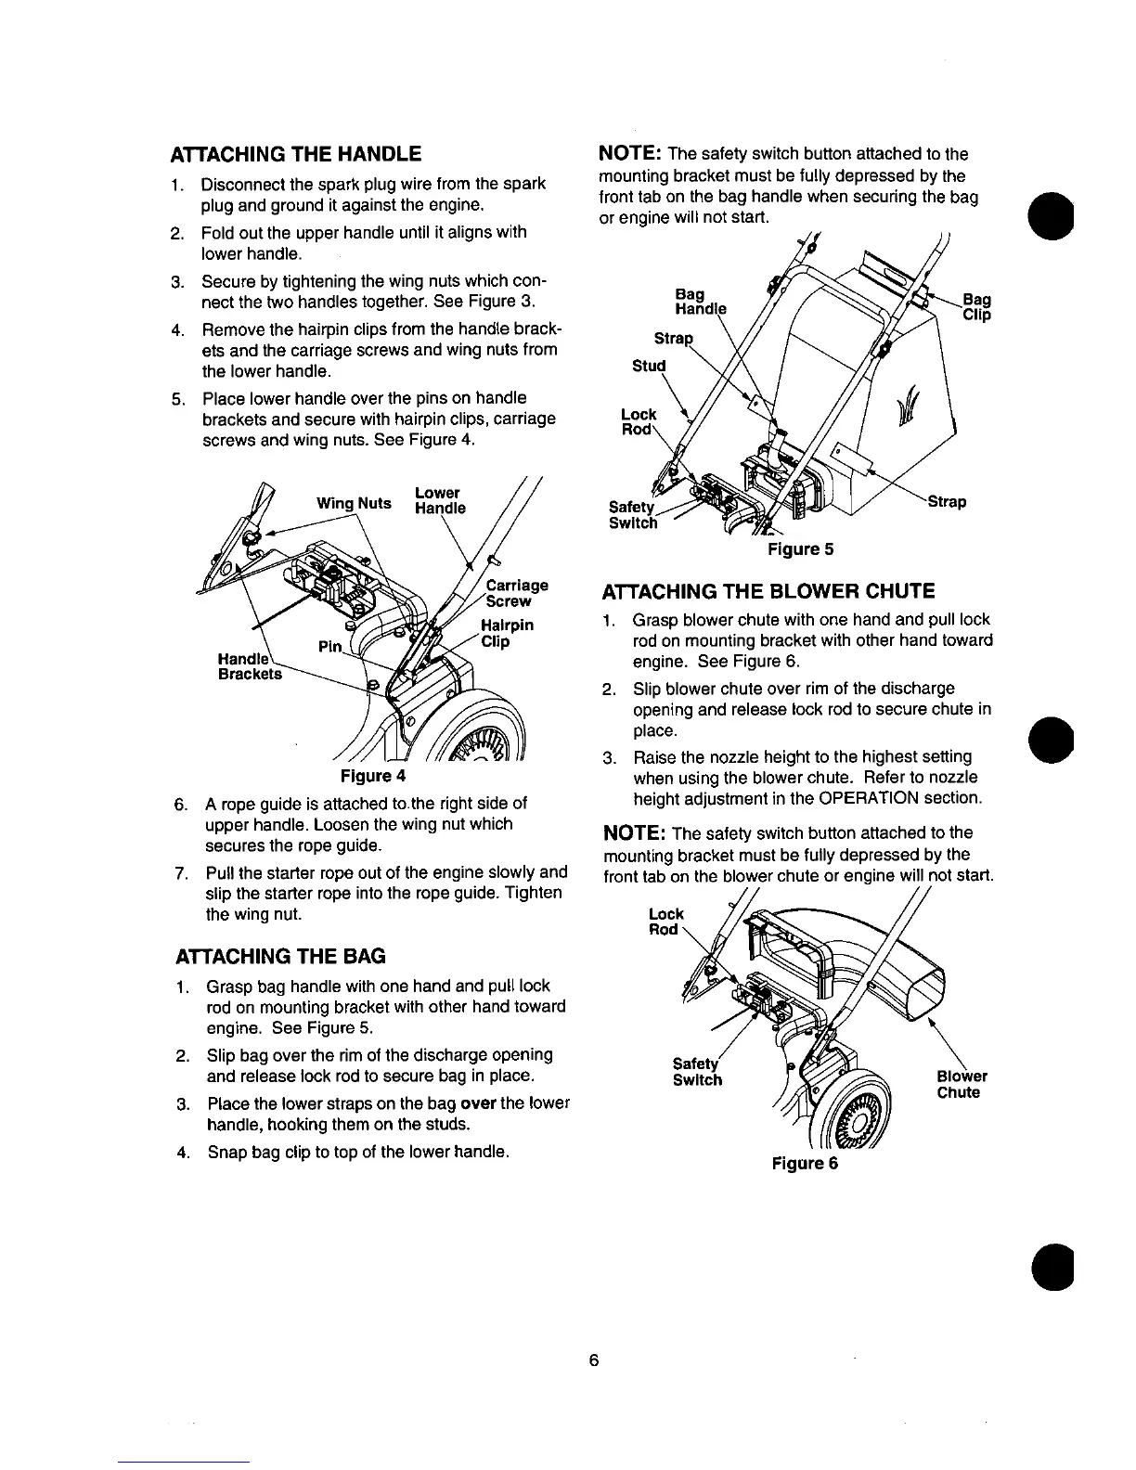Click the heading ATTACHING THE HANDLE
[x=294, y=154]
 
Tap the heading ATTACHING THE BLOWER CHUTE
[x=768, y=591]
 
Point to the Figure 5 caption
[x=800, y=549]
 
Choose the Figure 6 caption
[x=804, y=1164]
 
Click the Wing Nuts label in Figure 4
[x=354, y=504]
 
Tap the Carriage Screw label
[x=517, y=593]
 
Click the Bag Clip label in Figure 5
[x=975, y=307]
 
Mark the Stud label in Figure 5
[x=649, y=366]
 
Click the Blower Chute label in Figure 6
[x=961, y=1084]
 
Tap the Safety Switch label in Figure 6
[x=697, y=1072]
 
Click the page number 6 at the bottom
[x=593, y=1361]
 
